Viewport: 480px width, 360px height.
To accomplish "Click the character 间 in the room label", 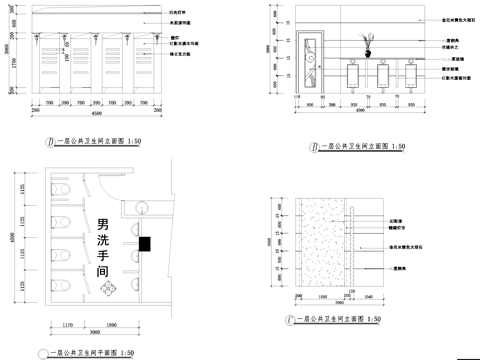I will (x=103, y=271).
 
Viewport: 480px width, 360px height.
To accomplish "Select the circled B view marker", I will (x=314, y=146).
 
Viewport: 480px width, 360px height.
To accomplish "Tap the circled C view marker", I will (x=288, y=319).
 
